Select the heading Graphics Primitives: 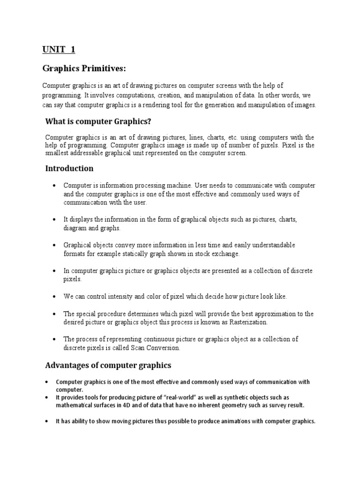pos(84,69)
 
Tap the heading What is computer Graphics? pos(98,121)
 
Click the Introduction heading pos(69,168)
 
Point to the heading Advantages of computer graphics pos(108,365)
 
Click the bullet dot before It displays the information pos(55,219)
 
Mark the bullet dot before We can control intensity pos(55,297)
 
